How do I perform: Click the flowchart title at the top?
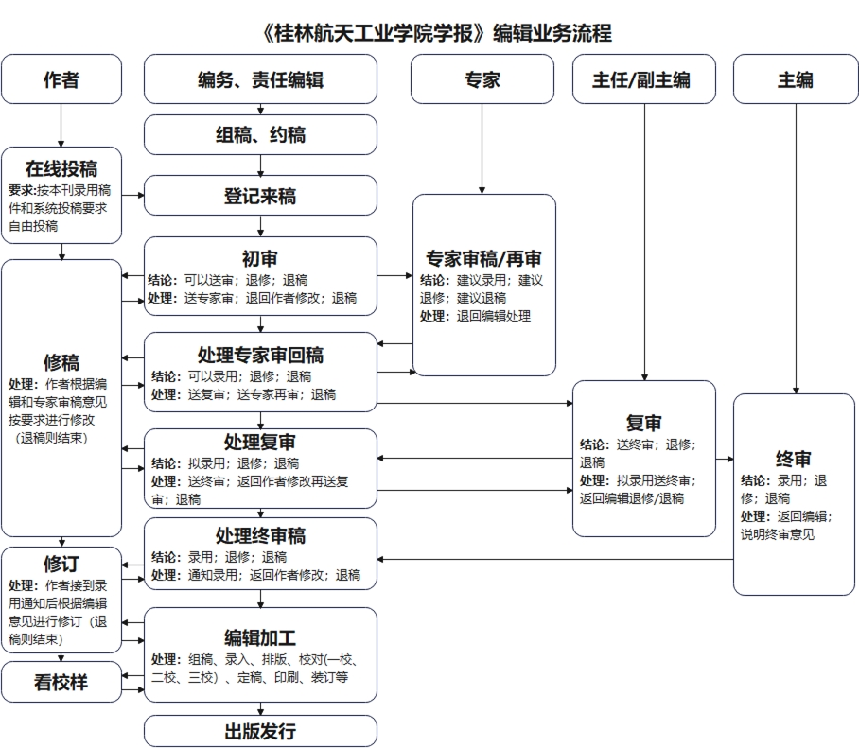click(x=435, y=34)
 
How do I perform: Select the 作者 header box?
click(x=61, y=79)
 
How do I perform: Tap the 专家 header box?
click(x=482, y=79)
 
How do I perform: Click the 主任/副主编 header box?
click(x=643, y=79)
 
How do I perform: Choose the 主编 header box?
click(x=795, y=79)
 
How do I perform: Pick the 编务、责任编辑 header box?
click(x=260, y=79)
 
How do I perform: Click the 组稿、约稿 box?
click(x=260, y=135)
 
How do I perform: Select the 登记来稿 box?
click(x=260, y=196)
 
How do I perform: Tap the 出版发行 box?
click(x=260, y=731)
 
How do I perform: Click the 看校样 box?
click(x=61, y=682)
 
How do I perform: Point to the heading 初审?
click(x=260, y=258)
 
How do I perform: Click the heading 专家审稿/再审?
click(x=483, y=258)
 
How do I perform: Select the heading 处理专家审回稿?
click(x=260, y=355)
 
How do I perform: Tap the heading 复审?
click(x=643, y=423)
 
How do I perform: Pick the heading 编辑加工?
click(x=260, y=636)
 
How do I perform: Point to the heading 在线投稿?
click(x=61, y=169)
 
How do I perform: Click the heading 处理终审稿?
click(x=260, y=536)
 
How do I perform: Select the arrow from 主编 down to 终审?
click(x=796, y=246)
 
